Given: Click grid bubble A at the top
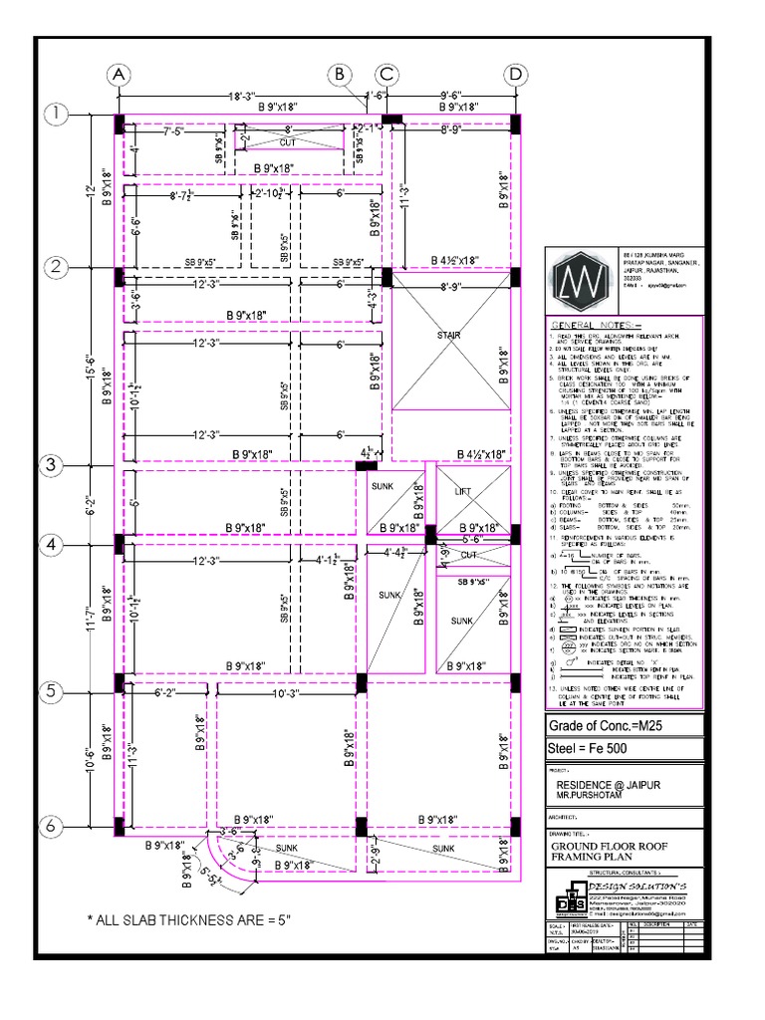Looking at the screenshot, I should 119,74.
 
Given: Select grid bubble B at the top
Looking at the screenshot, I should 339,74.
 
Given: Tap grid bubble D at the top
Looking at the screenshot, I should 515,74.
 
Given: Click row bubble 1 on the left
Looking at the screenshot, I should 55,116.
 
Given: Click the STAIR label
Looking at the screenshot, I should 449,336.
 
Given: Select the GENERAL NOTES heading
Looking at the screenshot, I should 597,326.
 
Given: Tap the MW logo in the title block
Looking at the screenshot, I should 580,282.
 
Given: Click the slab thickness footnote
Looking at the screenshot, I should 189,919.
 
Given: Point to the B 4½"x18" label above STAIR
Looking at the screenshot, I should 453,261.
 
